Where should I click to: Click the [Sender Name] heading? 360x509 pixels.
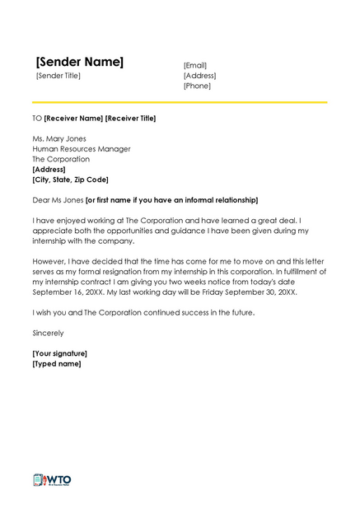click(80, 62)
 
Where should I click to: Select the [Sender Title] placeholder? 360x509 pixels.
click(58, 76)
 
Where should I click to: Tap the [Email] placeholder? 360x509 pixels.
click(195, 65)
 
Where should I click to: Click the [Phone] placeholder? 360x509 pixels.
click(197, 86)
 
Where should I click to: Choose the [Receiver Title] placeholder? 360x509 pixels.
click(131, 118)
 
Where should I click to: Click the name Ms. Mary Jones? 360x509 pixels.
click(59, 138)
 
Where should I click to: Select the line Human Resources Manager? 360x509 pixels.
click(81, 149)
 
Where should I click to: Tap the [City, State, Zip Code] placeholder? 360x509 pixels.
click(70, 180)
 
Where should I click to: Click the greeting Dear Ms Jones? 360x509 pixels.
click(58, 200)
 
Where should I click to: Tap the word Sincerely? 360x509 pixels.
click(48, 333)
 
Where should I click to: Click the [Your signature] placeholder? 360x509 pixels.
click(59, 353)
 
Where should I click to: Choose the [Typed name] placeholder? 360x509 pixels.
click(57, 363)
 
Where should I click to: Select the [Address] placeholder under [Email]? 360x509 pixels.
click(199, 75)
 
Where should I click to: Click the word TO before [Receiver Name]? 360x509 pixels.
click(37, 118)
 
